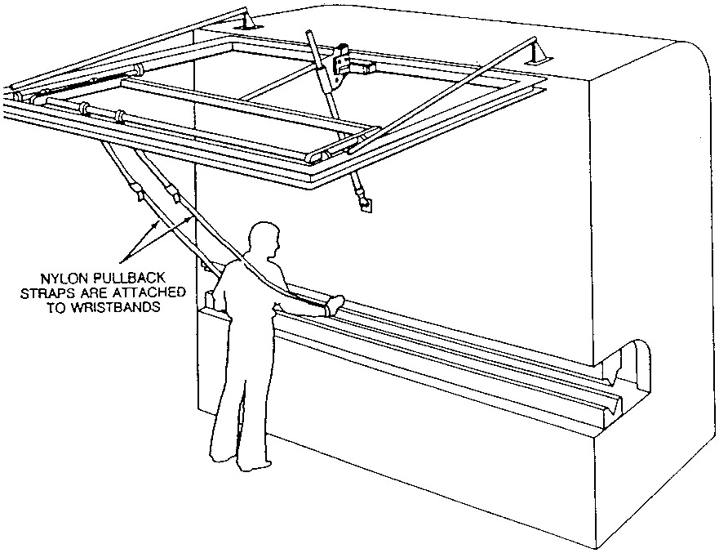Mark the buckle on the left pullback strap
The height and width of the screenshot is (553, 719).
pos(136,194)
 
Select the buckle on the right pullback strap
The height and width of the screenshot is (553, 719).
pos(172,194)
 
